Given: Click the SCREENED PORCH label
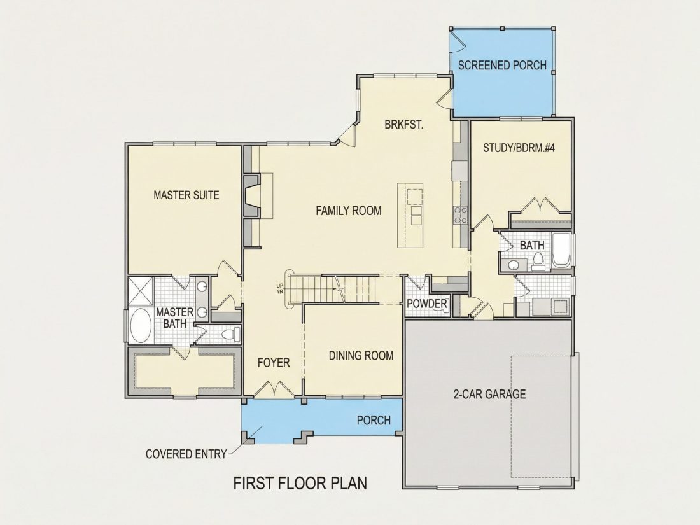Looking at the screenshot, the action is (502, 65).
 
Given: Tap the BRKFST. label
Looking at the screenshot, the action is (404, 125).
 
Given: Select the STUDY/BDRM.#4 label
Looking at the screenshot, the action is (519, 148).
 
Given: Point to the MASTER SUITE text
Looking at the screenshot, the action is (186, 195).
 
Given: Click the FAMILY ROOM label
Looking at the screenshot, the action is (349, 211).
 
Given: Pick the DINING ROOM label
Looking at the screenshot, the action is (361, 356).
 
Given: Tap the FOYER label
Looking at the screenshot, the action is (274, 363).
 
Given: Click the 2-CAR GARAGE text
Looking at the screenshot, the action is (490, 394).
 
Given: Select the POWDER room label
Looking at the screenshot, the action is (427, 304).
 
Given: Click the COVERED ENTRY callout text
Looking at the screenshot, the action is (186, 454).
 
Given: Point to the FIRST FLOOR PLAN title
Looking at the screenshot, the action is (300, 484).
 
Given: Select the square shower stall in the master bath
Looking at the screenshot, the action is (140, 291).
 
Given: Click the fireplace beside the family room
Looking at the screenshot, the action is (252, 196).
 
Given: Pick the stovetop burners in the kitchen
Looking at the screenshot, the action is (460, 214).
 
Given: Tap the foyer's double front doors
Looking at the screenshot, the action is (274, 389).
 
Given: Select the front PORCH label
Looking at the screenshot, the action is (374, 420).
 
